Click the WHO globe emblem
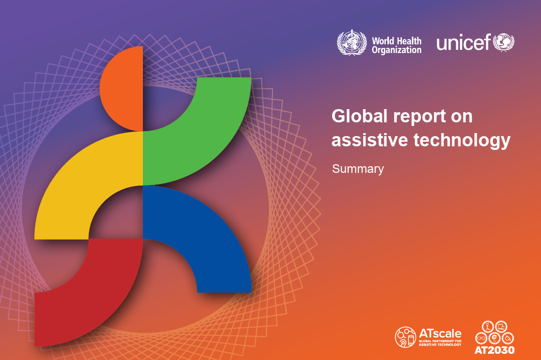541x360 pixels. [352, 43]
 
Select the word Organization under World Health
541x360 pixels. [397, 50]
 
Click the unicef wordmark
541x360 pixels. [462, 43]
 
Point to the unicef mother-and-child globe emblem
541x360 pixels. [503, 42]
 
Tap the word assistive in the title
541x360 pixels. [368, 140]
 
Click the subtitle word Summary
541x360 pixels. [358, 169]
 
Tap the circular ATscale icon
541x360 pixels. [406, 337]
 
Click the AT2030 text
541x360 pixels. [495, 350]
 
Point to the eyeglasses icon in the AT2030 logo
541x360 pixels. [481, 338]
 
